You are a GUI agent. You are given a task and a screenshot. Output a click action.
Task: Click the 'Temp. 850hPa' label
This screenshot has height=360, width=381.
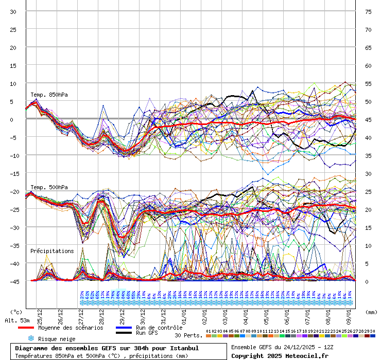pos(49,95)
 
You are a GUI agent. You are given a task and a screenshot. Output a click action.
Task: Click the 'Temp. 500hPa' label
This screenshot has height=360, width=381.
pos(49,187)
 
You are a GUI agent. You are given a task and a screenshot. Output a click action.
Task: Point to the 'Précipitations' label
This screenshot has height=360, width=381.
pos(51,251)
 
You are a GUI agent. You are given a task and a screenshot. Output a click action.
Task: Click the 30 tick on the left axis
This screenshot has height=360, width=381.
pos(13,11)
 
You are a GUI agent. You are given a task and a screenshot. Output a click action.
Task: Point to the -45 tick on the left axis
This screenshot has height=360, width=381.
pos(13,281)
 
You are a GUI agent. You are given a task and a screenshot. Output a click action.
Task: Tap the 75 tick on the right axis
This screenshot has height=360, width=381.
pos(369,11)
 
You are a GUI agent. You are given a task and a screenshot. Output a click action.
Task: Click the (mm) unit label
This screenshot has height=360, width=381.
pos(372,312)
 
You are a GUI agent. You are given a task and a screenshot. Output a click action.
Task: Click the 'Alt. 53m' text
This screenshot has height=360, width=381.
pos(17,320)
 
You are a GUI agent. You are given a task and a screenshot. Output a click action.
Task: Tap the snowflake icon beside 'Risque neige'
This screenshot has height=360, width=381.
pos(31,338)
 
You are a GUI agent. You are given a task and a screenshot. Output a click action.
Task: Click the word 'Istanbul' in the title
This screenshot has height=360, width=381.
pos(183,348)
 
